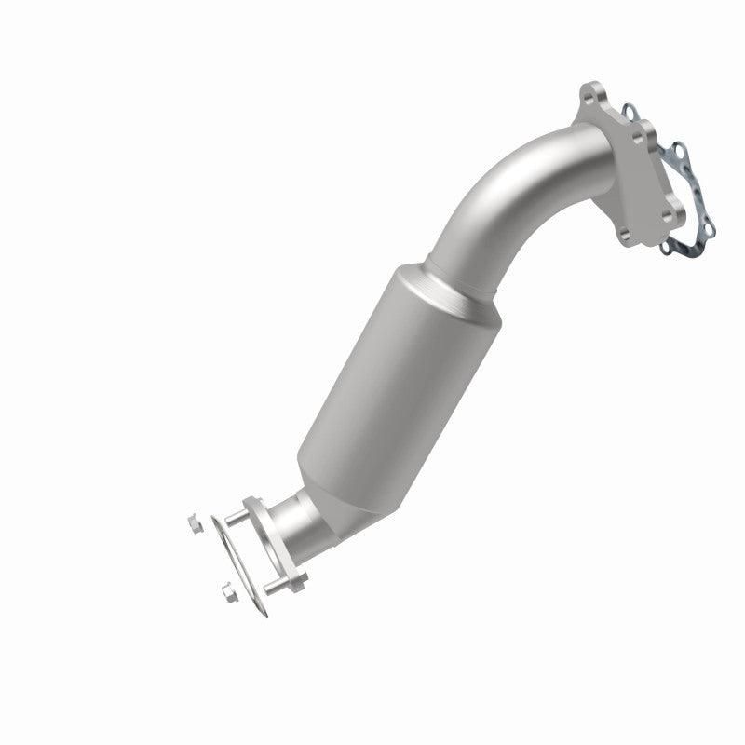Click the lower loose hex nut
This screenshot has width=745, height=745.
[x=226, y=589]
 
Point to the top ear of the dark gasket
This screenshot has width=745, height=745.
[x=630, y=112]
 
